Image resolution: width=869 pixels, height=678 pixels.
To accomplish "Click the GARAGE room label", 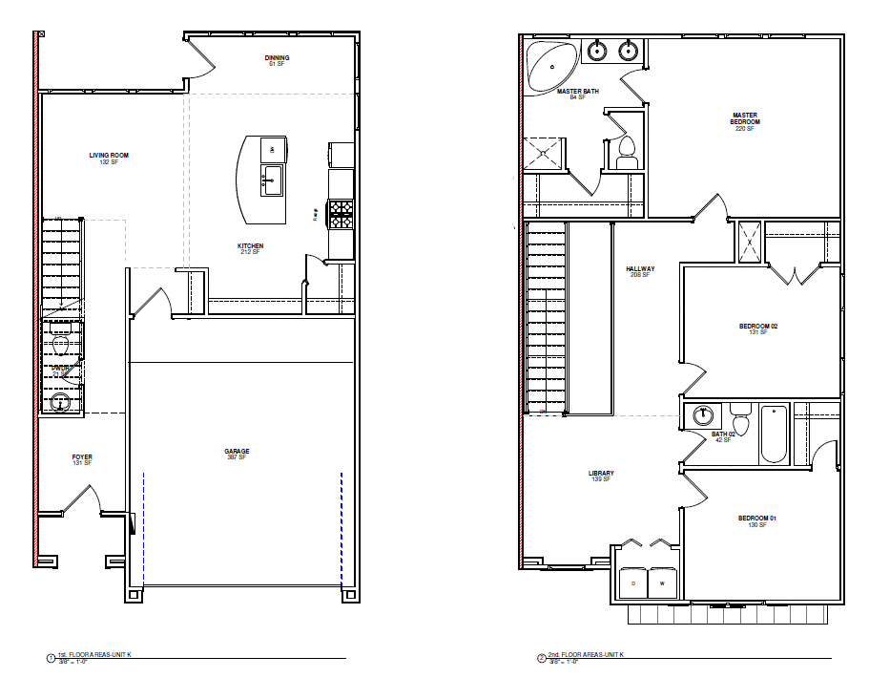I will click(237, 452).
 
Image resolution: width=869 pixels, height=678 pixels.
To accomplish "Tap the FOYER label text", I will click(82, 457).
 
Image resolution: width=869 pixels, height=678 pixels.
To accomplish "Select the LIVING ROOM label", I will click(109, 155).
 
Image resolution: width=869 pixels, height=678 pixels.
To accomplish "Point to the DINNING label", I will click(277, 58).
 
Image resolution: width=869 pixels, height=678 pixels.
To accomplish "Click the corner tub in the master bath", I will click(551, 65).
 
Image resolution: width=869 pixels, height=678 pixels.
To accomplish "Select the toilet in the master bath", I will click(627, 150).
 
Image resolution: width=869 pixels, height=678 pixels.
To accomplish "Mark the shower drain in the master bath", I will click(545, 152).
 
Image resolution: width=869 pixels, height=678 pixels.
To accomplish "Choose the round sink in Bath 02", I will click(703, 415).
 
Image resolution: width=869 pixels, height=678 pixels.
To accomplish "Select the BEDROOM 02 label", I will click(758, 327).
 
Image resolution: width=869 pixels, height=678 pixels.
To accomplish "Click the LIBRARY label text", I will click(601, 474).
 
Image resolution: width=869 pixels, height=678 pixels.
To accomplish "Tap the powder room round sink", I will click(61, 403).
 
